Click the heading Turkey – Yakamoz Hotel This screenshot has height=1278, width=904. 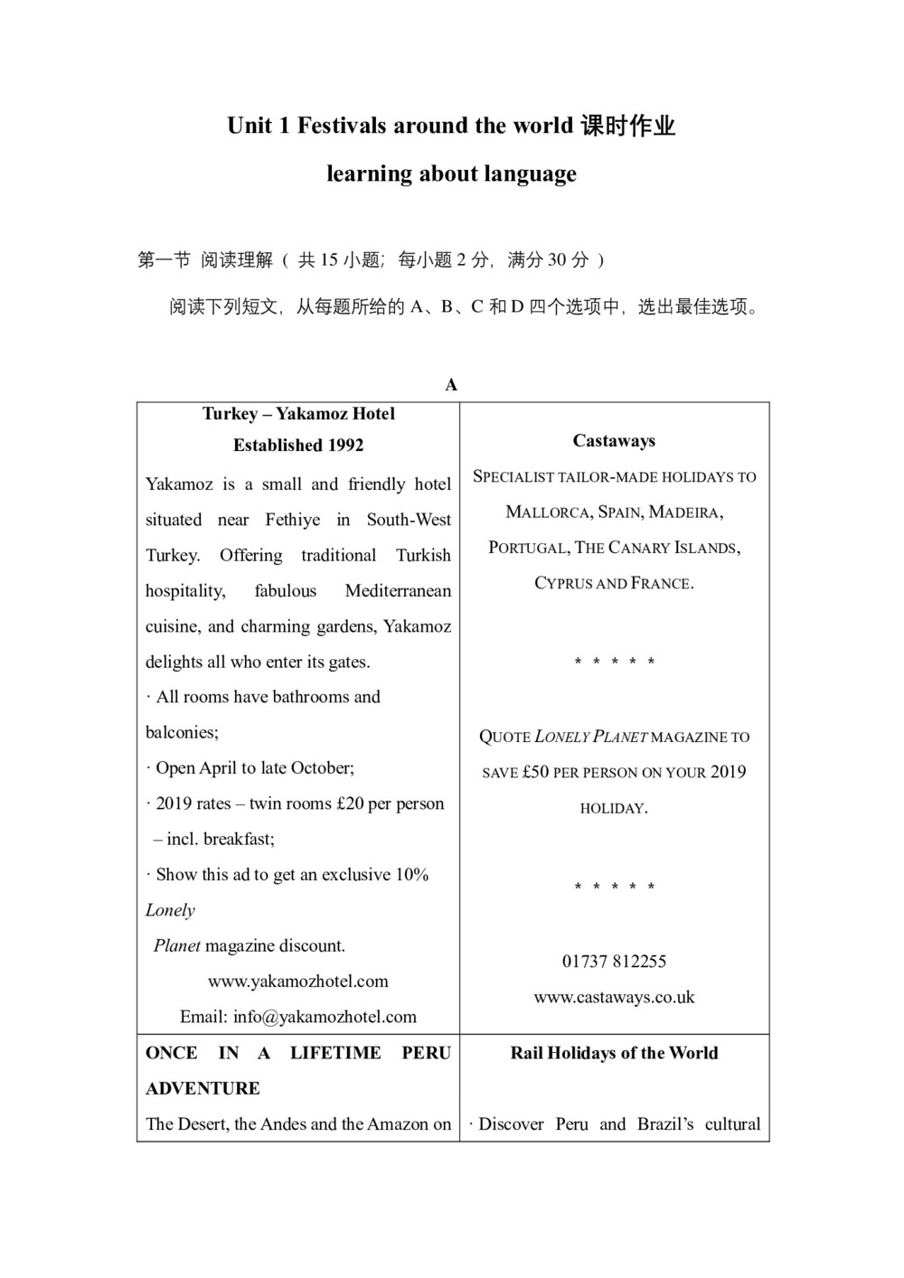[x=298, y=414]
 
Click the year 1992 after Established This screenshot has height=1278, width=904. [x=344, y=446]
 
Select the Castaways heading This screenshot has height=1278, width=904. [x=614, y=441]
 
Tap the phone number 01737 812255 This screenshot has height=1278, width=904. [x=614, y=962]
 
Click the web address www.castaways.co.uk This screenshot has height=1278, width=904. [x=614, y=998]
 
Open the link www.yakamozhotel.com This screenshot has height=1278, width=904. [x=298, y=982]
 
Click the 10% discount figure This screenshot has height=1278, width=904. [x=412, y=875]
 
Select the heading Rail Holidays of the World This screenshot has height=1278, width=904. [x=614, y=1053]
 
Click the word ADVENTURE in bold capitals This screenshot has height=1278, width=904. [x=202, y=1088]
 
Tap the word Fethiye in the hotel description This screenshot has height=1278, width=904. [x=292, y=520]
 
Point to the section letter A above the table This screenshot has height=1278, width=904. [x=451, y=385]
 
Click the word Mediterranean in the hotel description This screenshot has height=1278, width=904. [x=398, y=591]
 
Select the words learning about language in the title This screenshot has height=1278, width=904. [x=451, y=174]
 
